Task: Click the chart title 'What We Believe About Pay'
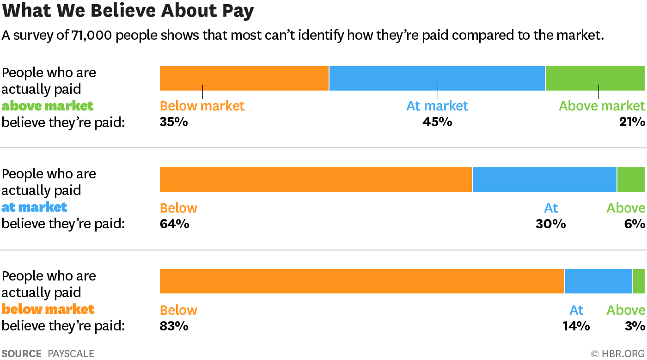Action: pyautogui.click(x=128, y=11)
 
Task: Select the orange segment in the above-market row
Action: pyautogui.click(x=244, y=78)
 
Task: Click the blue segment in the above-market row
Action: pyautogui.click(x=437, y=78)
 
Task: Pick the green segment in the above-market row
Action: pyautogui.click(x=595, y=78)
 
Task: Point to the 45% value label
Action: pyautogui.click(x=437, y=122)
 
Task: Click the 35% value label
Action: pyautogui.click(x=174, y=122)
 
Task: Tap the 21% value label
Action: pyautogui.click(x=632, y=122)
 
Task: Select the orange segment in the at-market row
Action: pyautogui.click(x=316, y=180)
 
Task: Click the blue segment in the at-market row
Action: pyautogui.click(x=544, y=180)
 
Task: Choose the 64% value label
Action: pyautogui.click(x=174, y=224)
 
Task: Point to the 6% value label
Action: pyautogui.click(x=635, y=224)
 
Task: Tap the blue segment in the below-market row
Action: pyautogui.click(x=598, y=281)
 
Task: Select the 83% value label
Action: pyautogui.click(x=174, y=326)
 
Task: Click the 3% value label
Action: pyautogui.click(x=635, y=326)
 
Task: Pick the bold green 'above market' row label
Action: pyautogui.click(x=48, y=106)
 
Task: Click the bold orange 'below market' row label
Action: pyautogui.click(x=48, y=309)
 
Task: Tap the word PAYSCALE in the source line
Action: pyautogui.click(x=71, y=354)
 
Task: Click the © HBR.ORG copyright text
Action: pyautogui.click(x=618, y=354)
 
